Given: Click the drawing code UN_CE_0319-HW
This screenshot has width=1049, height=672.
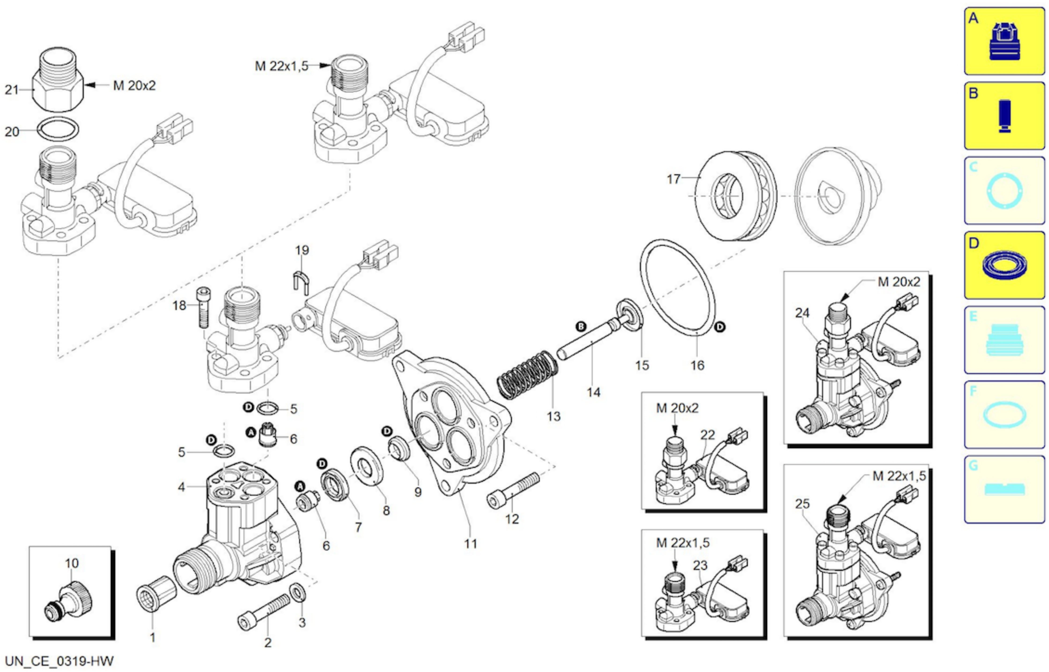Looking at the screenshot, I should pos(59,661).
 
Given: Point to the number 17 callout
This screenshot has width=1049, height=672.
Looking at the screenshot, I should pos(673,179).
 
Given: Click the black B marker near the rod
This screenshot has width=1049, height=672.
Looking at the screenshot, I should pos(581,327).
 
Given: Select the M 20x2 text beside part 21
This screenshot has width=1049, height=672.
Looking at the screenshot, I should pos(134,86).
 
